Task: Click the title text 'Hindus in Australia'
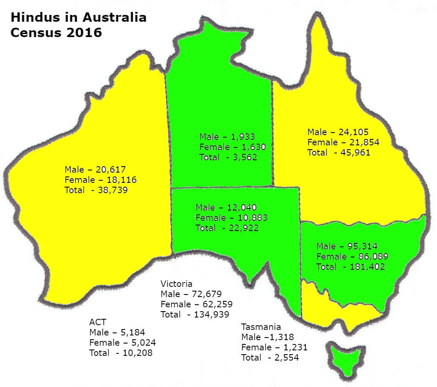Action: tap(78, 17)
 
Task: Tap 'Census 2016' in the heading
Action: tap(56, 33)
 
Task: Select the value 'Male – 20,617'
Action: tap(95, 169)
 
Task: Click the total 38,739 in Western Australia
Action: tap(96, 190)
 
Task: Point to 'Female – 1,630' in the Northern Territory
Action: tap(233, 147)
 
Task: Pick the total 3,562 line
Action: tap(229, 157)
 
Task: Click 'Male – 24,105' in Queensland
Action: tap(338, 132)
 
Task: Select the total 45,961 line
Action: tap(339, 153)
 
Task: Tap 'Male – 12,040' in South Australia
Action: tap(226, 208)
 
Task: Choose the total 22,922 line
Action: tap(227, 228)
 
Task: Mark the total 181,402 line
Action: tap(350, 267)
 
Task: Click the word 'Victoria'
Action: tap(176, 283)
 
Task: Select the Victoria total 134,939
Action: tap(195, 315)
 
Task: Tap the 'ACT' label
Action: tap(97, 322)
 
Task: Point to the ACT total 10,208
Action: tap(120, 353)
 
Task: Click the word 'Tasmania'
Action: tap(261, 327)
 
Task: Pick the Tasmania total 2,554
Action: tap(270, 358)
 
